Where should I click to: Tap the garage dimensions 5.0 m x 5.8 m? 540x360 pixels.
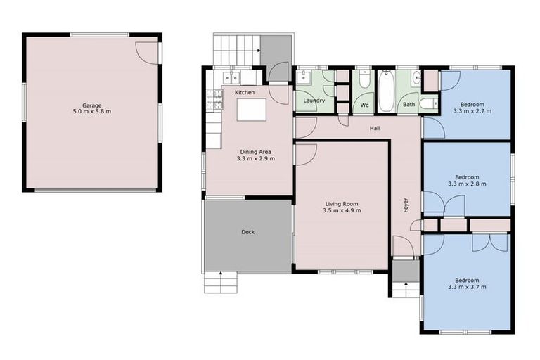[92, 111]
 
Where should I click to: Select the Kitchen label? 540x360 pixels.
[245, 93]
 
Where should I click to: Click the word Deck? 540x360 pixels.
[247, 232]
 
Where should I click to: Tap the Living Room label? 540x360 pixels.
[341, 202]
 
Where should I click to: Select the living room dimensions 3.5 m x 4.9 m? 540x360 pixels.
[341, 210]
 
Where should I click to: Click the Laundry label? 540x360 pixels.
[314, 101]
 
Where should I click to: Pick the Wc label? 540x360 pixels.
[364, 105]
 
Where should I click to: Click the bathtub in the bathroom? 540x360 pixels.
[386, 91]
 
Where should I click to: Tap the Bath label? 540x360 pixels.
[409, 105]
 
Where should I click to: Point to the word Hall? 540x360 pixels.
[375, 128]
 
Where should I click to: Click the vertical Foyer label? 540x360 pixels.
[406, 205]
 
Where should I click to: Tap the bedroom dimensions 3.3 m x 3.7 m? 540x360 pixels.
[467, 287]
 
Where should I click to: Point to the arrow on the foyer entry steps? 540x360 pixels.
[406, 286]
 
